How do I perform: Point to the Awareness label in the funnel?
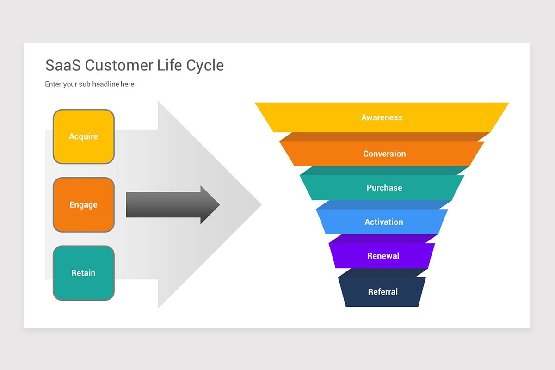point(382,117)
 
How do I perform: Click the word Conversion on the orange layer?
point(384,154)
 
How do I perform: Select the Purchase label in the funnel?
point(384,188)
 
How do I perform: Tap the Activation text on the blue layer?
point(383,222)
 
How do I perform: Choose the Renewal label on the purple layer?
point(383,256)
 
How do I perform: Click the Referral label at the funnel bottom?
point(382,292)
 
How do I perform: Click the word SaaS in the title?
point(63,65)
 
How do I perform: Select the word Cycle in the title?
point(205,65)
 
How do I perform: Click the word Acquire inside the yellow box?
point(83,136)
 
